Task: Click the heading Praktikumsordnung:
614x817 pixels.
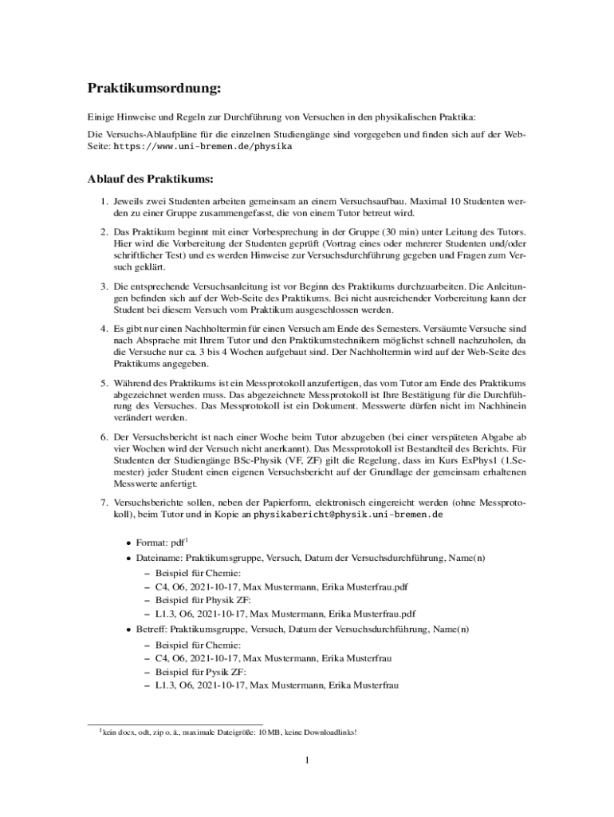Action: coord(153,86)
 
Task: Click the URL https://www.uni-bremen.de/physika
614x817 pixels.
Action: coord(203,147)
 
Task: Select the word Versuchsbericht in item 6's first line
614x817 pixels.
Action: coord(169,438)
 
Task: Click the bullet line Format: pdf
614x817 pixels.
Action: coord(163,543)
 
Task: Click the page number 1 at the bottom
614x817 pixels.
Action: coord(307,760)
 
